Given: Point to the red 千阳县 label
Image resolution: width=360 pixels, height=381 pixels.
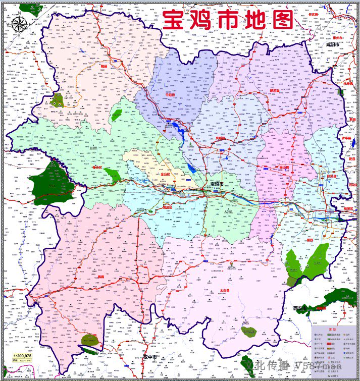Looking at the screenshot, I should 171,94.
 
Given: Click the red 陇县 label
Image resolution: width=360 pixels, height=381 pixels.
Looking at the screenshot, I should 104,66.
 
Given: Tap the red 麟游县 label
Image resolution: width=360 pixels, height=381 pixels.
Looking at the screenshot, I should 275,91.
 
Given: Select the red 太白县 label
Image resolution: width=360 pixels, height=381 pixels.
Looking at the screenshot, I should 225,291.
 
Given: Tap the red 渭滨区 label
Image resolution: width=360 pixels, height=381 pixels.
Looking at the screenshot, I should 168,206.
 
